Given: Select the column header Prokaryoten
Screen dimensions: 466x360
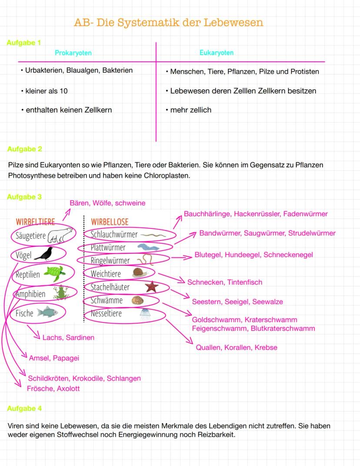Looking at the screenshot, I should [x=73, y=53].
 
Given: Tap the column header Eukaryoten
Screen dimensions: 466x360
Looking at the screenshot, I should [x=216, y=53].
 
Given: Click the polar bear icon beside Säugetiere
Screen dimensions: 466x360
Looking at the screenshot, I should [x=59, y=236].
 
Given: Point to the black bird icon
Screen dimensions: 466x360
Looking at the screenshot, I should [x=43, y=254].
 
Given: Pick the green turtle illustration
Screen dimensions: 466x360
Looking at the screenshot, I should [x=54, y=273].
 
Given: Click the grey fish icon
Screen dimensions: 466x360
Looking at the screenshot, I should [x=47, y=312].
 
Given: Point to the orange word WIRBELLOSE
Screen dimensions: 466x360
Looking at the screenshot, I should [x=110, y=221].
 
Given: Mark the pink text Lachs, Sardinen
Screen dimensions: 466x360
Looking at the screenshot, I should [x=68, y=337].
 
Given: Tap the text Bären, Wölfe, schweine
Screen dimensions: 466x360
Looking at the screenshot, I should [x=107, y=203].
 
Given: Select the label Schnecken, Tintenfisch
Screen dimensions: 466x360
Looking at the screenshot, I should [x=225, y=282].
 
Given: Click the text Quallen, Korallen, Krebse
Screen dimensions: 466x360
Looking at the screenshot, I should [x=237, y=348].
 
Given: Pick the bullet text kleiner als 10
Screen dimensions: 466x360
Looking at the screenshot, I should [x=46, y=91].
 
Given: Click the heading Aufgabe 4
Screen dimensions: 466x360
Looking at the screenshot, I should [x=24, y=409].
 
